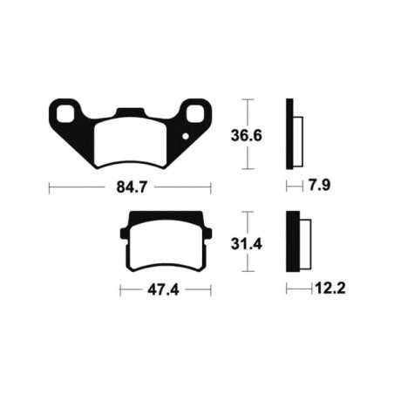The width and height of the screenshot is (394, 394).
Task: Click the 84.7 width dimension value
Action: (x=131, y=186)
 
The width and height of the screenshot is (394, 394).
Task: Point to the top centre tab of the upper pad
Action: (x=131, y=112)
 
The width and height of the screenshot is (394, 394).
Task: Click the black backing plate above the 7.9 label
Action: (x=289, y=134)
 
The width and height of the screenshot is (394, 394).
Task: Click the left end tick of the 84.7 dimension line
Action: (x=50, y=186)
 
